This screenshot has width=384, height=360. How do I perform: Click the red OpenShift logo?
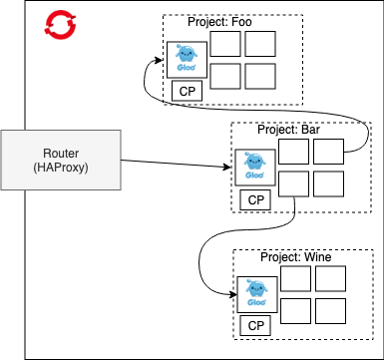[x=60, y=23]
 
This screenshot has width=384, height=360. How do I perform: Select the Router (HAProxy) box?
[x=61, y=160]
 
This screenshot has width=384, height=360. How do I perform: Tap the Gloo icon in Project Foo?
[x=187, y=60]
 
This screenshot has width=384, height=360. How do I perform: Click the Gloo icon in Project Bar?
[x=255, y=168]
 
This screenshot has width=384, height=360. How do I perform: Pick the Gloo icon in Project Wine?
[x=257, y=294]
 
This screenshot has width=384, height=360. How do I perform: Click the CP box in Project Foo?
[x=188, y=91]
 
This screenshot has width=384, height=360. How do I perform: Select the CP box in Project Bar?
[x=255, y=199]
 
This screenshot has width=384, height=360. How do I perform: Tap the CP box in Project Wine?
[x=255, y=325]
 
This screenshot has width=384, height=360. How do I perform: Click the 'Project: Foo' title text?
[x=219, y=22]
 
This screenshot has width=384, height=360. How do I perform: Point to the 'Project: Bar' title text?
[x=288, y=130]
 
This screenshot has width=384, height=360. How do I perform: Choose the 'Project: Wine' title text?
[x=296, y=257]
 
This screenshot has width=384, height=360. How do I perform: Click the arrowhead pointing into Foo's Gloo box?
[x=159, y=60]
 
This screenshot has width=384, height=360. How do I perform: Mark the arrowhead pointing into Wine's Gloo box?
[x=233, y=294]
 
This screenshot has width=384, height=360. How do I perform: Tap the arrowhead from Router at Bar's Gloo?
[x=226, y=167]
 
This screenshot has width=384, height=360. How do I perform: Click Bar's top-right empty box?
[x=328, y=152]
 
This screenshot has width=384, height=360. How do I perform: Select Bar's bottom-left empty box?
[x=293, y=183]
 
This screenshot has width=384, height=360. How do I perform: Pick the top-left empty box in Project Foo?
[x=225, y=44]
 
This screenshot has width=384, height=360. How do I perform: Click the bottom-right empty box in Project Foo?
[x=260, y=76]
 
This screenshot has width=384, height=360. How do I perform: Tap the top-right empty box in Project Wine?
[x=330, y=278]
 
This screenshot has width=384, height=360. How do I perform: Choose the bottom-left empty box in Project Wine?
[x=295, y=311]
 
